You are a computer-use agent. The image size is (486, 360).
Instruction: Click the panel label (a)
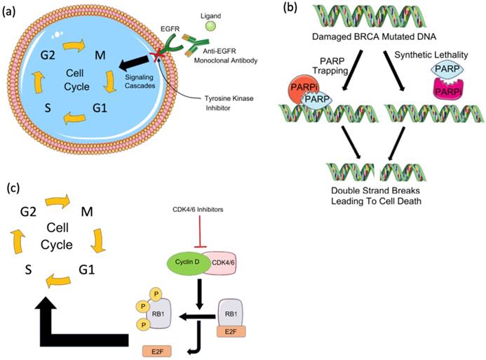pos(13,10)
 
